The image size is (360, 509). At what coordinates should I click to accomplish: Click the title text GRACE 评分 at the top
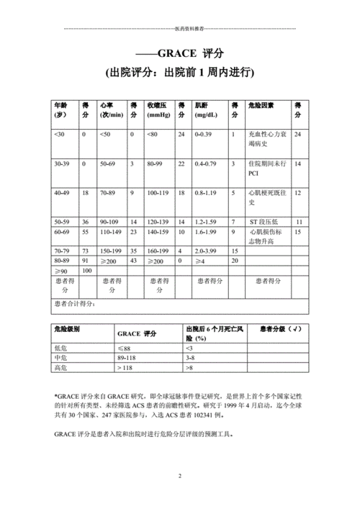pyautogui.click(x=179, y=55)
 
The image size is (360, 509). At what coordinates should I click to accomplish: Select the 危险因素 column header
pyautogui.click(x=261, y=105)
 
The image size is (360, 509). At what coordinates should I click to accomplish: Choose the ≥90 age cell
pyautogui.click(x=60, y=270)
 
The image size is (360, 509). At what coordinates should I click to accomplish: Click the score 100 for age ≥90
pyautogui.click(x=87, y=270)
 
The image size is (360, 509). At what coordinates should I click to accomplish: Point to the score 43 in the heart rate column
pyautogui.click(x=132, y=260)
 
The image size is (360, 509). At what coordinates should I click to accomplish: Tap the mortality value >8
pyautogui.click(x=190, y=368)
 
